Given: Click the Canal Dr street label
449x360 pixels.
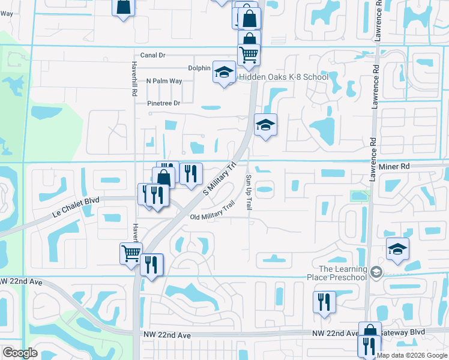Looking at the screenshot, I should coord(152,55).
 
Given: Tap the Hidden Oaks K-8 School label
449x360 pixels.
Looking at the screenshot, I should coord(284,77).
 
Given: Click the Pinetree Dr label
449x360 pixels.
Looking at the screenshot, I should coord(164,103).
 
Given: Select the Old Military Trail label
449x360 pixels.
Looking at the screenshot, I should coord(211,212).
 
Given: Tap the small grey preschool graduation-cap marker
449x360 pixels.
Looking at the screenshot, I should coord(376,272).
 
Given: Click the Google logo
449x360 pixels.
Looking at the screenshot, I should coord(20,353).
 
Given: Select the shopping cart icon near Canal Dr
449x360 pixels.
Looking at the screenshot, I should coord(249,55).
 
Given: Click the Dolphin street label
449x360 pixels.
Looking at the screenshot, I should coord(199,68).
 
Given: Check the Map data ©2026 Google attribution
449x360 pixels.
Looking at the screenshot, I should coord(412,355).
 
